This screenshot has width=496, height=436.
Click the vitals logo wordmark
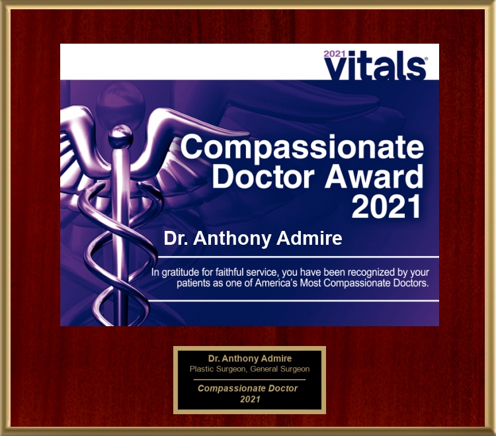(376, 65)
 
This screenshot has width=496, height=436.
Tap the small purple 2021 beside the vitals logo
(335, 54)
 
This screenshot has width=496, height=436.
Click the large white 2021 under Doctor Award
(387, 206)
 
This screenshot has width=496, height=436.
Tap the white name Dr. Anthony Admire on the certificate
(253, 238)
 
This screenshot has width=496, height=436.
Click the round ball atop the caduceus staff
(120, 136)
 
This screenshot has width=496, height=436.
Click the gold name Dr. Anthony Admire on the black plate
(250, 359)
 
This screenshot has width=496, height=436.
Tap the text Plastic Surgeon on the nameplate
(218, 369)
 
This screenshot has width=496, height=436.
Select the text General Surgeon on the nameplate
(280, 369)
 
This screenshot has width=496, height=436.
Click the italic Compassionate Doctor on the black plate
(248, 388)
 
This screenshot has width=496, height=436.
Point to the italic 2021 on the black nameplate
(250, 400)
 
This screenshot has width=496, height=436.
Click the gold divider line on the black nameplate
(249, 379)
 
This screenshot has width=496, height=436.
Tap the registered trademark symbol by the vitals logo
(426, 59)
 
